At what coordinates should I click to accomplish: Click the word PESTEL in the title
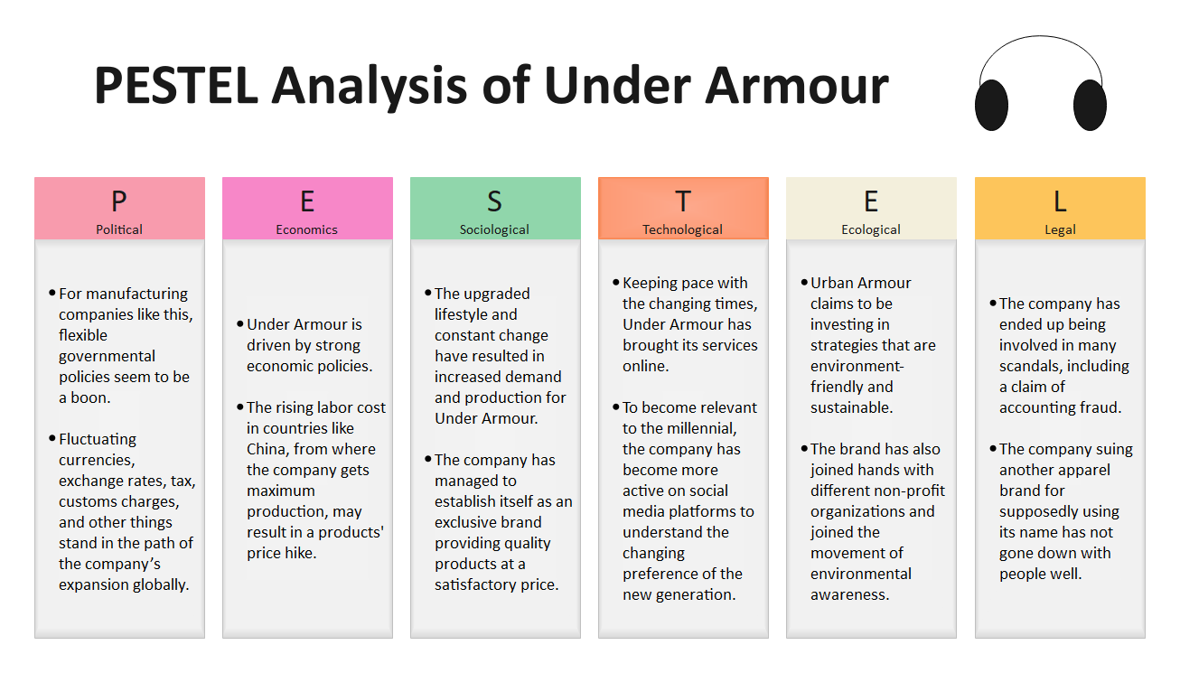(x=176, y=85)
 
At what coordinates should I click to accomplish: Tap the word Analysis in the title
(x=370, y=87)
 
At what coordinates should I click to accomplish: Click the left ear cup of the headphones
(x=991, y=106)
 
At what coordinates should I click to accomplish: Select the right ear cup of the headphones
(x=1090, y=106)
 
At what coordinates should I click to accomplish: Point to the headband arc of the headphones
(x=1040, y=36)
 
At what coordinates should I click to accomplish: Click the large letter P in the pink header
(x=119, y=201)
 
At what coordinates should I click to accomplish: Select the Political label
(x=119, y=229)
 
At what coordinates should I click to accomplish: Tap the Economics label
(x=306, y=229)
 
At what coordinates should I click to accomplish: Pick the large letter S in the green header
(x=494, y=201)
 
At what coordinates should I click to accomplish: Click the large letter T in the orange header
(x=683, y=201)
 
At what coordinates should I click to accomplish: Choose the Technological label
(x=683, y=230)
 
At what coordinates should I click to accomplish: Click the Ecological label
(x=871, y=230)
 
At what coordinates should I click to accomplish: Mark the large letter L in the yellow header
(x=1060, y=201)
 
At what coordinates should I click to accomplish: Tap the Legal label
(x=1060, y=230)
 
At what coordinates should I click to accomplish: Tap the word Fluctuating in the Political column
(x=98, y=440)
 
